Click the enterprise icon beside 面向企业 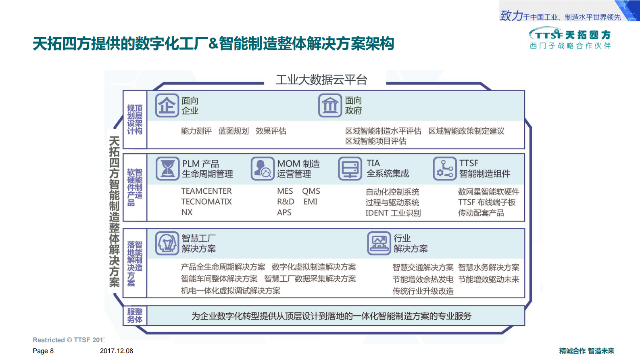[167, 106]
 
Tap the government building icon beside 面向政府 [330, 106]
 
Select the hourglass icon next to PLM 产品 [167, 169]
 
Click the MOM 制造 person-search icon [263, 169]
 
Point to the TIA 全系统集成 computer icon [350, 169]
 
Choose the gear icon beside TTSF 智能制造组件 [444, 169]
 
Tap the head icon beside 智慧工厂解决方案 [167, 243]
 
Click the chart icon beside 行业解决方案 [379, 243]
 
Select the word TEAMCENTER [206, 191]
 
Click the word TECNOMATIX [206, 201]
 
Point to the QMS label [311, 191]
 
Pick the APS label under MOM [284, 212]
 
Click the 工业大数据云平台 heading [321, 80]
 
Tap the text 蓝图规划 [233, 131]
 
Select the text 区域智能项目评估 [375, 141]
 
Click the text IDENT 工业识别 [393, 213]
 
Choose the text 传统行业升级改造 [423, 291]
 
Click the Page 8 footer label [43, 351]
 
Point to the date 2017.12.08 [117, 351]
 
